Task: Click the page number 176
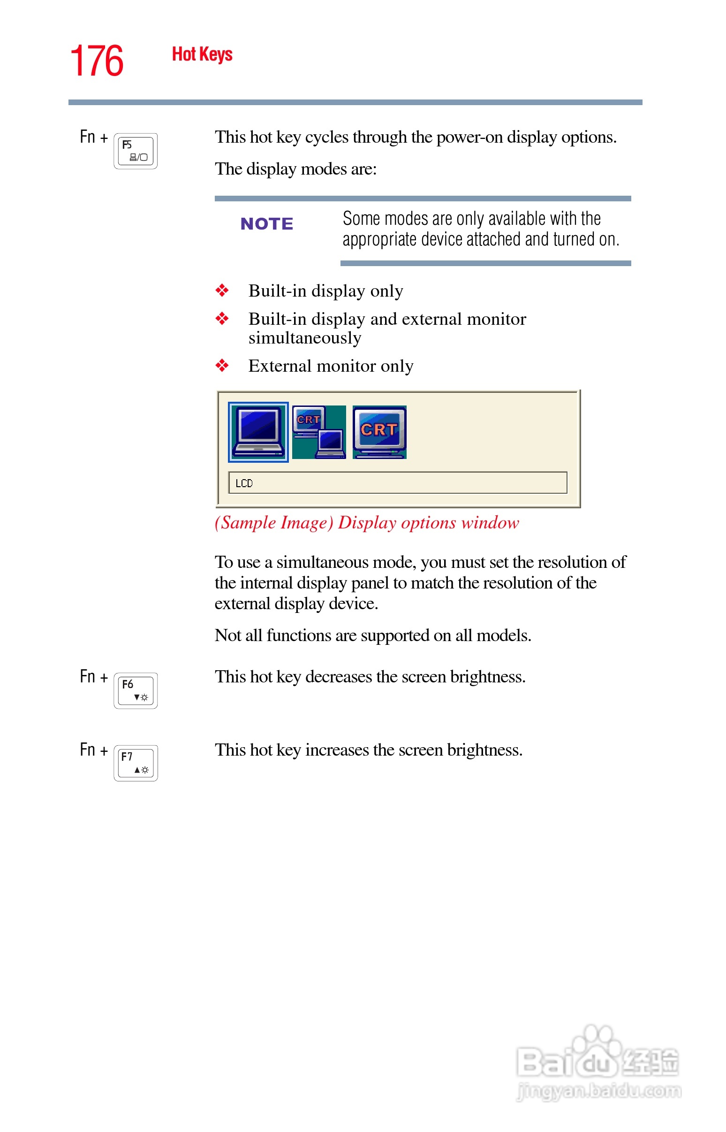click(97, 61)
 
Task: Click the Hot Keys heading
click(202, 54)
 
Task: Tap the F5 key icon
click(135, 151)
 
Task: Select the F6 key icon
click(135, 690)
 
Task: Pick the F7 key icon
click(135, 763)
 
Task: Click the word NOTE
click(266, 223)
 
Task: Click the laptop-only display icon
click(258, 432)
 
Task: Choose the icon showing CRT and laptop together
click(319, 432)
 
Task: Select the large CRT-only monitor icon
click(379, 432)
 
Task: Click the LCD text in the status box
click(244, 483)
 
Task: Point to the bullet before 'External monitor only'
click(221, 366)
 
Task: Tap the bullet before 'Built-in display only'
click(221, 291)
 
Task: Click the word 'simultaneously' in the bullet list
click(304, 338)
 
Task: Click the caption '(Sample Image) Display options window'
click(366, 523)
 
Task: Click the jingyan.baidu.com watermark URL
click(599, 1091)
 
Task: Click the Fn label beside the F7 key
click(88, 750)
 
